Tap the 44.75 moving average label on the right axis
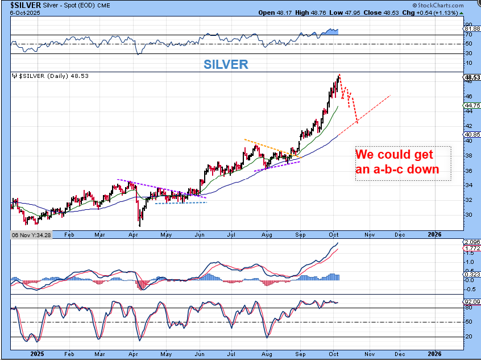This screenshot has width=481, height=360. click(472, 105)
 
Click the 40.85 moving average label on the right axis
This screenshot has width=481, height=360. click(472, 134)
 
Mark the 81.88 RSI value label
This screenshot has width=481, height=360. click(472, 28)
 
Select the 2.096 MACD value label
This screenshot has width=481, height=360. click(472, 243)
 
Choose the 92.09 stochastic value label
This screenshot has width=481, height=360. click(472, 301)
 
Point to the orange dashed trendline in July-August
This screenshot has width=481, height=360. click(267, 147)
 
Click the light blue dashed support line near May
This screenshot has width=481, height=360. click(181, 202)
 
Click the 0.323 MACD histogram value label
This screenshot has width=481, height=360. click(472, 275)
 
